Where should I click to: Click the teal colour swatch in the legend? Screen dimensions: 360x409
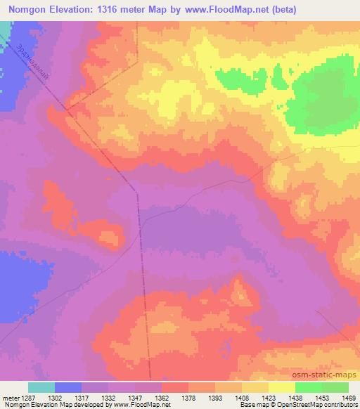click(41, 387)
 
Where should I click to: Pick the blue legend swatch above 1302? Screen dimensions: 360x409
click(67, 387)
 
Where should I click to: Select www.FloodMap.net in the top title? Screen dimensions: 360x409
click(221, 10)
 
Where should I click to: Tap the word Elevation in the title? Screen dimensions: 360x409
click(78, 10)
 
